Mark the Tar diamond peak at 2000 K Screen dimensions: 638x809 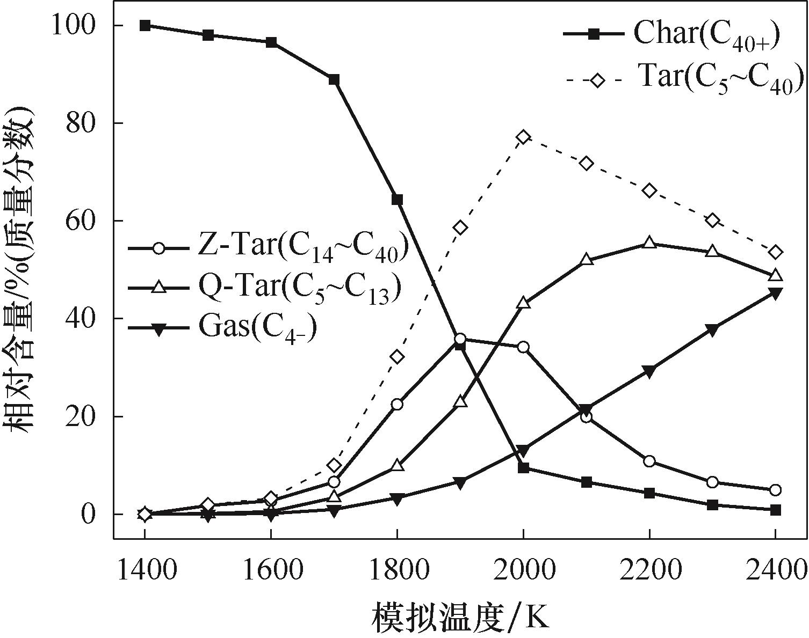coord(523,137)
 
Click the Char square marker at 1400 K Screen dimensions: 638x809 coord(145,25)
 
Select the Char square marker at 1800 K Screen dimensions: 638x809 coord(397,200)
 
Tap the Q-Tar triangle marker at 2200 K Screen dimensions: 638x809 coord(649,243)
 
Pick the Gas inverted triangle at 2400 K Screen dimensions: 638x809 coord(775,293)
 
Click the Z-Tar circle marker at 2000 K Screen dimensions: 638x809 coord(523,347)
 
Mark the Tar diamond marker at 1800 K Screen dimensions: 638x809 coord(397,357)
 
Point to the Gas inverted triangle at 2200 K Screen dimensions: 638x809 coord(649,372)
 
